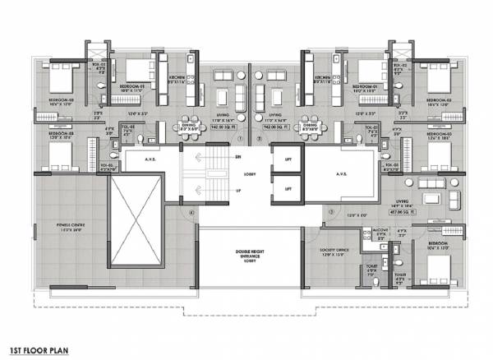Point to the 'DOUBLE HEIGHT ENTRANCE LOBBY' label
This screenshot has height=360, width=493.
[249, 255]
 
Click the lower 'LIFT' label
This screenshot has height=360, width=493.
[288, 188]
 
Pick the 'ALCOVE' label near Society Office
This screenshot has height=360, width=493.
[380, 233]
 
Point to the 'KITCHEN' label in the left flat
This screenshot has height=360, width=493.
[175, 81]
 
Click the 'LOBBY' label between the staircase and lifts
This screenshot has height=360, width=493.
[249, 174]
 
